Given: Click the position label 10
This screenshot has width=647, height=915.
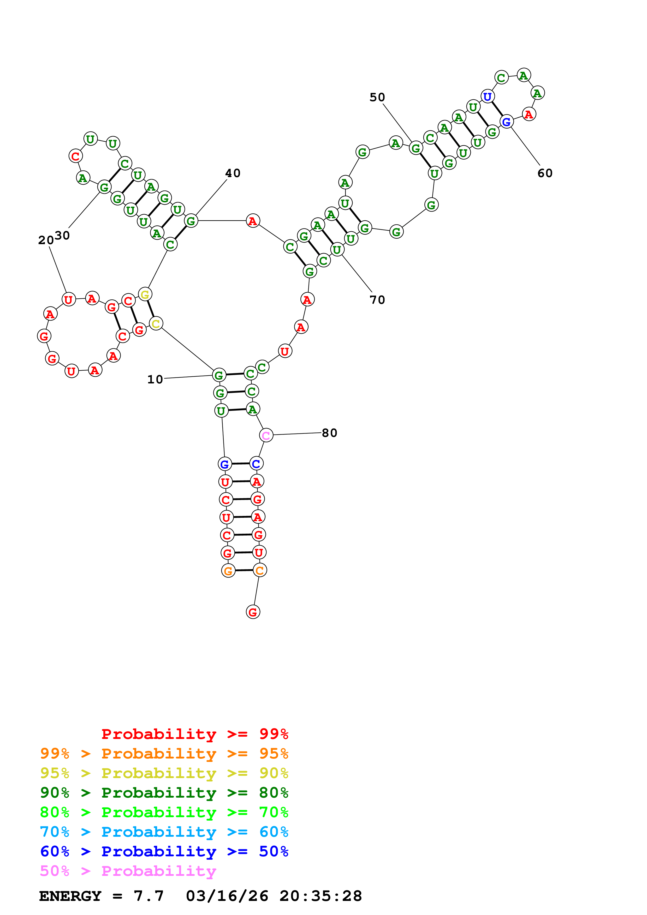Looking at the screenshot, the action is pos(155,380).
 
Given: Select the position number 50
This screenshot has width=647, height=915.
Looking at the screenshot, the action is pos(377,97).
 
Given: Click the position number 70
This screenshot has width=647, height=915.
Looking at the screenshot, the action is pos(377,300).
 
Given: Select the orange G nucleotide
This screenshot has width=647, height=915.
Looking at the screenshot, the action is pos(228,571).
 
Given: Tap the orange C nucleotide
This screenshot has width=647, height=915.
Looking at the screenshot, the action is pos(259,570).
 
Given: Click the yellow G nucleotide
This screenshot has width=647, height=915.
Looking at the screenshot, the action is pos(145,294).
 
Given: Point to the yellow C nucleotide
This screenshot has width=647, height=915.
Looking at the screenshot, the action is pos(156,324).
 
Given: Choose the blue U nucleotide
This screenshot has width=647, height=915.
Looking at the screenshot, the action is pos(487,97).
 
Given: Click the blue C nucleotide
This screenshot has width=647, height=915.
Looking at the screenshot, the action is pos(256,463).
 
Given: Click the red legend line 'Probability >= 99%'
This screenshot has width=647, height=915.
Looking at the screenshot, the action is pos(195,734).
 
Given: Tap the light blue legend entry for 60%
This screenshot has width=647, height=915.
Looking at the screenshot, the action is pos(164,832).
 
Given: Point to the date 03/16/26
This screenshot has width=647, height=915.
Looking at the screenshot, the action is pos(227,896).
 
